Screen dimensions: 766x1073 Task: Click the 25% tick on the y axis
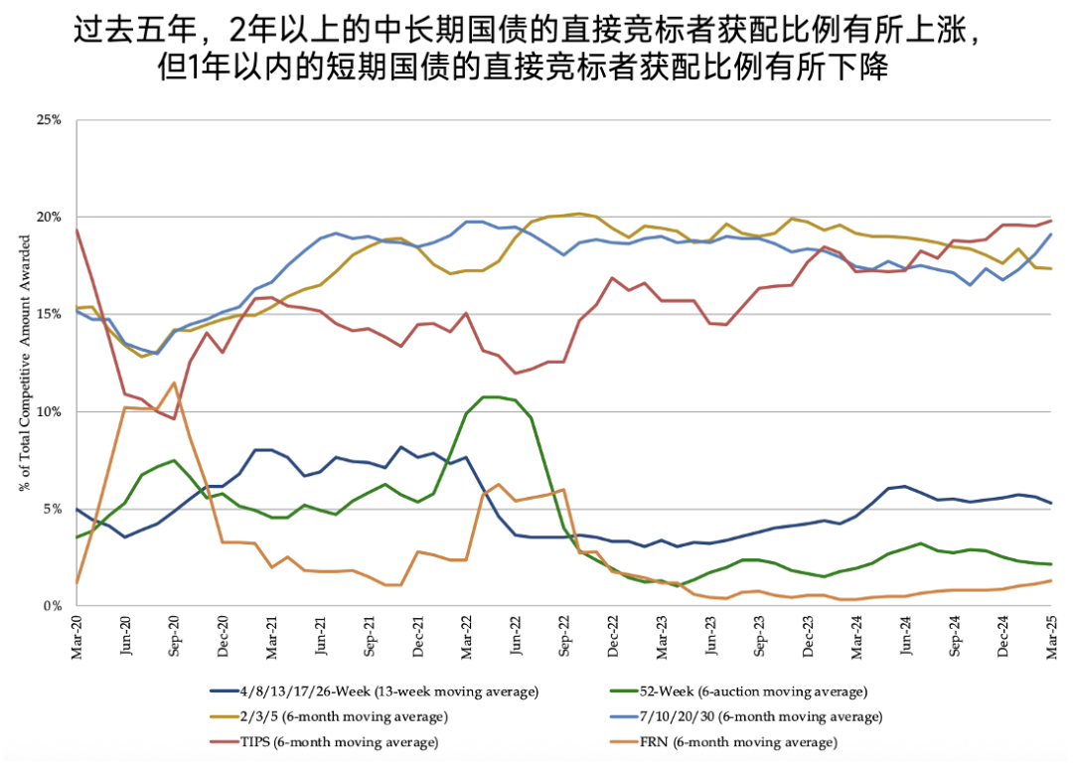50,120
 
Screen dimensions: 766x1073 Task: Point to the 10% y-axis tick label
50,411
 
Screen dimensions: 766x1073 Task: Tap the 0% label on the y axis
54,605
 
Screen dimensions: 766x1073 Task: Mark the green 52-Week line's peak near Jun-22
490,396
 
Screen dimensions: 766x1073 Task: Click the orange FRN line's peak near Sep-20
174,383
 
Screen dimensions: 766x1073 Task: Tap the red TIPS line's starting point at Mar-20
77,230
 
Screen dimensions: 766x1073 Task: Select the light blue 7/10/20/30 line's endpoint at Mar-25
1052,234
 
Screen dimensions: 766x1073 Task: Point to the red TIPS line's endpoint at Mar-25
1052,221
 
